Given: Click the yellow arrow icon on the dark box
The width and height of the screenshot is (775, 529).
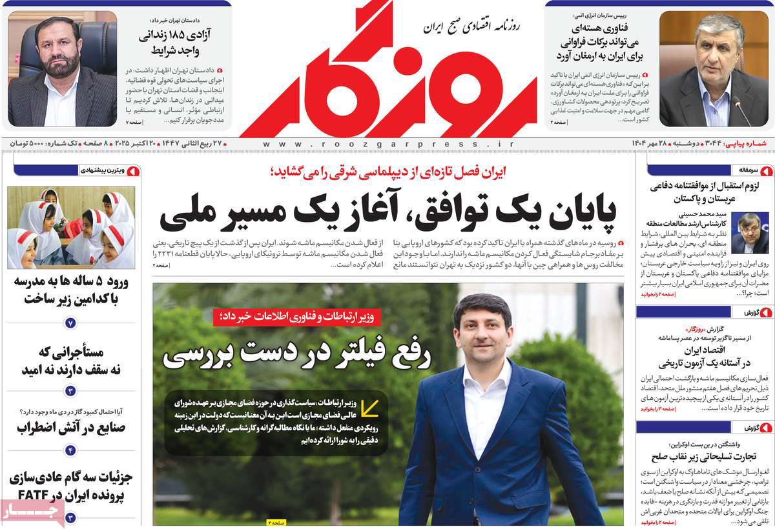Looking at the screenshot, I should (x=369, y=408).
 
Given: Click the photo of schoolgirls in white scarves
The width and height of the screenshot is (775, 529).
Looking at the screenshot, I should (x=71, y=227).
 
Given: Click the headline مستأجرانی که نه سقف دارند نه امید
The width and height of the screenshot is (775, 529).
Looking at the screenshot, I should (x=71, y=361).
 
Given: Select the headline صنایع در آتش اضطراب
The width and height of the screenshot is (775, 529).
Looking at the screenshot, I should (x=71, y=427).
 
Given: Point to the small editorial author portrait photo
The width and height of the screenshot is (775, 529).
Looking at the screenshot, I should (x=750, y=233).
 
